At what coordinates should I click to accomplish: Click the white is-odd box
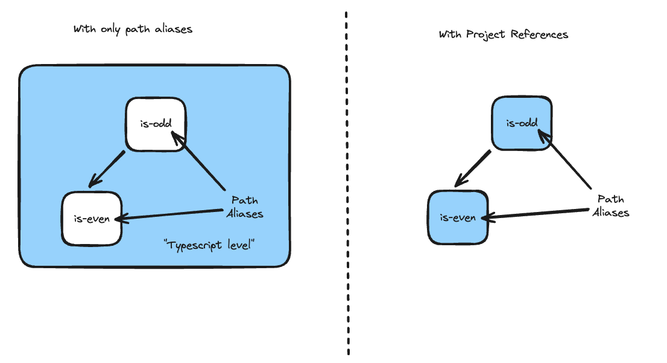tap(156, 124)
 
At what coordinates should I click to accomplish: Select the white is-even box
tap(91, 218)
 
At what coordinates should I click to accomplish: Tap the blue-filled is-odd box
tap(521, 123)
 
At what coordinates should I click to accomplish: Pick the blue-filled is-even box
tap(458, 217)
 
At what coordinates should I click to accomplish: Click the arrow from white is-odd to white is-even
tap(107, 169)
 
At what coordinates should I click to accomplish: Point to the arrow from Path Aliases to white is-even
tap(169, 215)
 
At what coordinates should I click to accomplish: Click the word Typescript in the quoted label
tap(192, 246)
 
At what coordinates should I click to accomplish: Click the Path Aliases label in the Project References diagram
tap(610, 205)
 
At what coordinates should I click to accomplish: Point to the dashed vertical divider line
tap(347, 181)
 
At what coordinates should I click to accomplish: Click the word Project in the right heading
tap(486, 34)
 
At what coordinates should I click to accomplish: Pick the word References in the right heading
tap(539, 34)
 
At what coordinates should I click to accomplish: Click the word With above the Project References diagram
tap(450, 34)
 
